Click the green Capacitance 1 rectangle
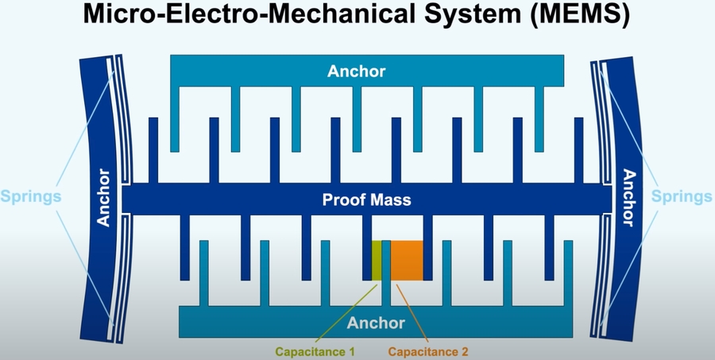point(377,260)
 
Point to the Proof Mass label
point(367,199)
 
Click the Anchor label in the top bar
point(357,71)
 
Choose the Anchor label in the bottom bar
point(376,323)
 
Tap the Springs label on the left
point(31,195)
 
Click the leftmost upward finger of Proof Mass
point(153,151)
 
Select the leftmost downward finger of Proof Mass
point(185,246)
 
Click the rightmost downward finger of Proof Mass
point(549,246)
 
